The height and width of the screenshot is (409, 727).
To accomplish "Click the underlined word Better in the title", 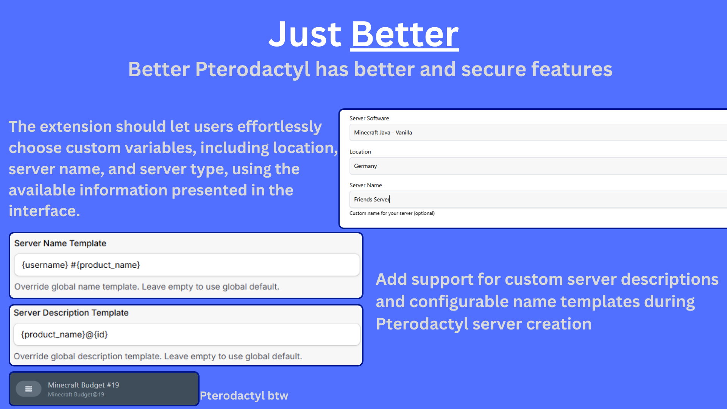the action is (x=405, y=34).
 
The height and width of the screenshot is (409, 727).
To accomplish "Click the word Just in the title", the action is (x=305, y=34).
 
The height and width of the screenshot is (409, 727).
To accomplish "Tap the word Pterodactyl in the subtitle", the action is (x=253, y=70).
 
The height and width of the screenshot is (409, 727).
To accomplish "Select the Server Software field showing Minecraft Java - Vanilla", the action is (x=538, y=133).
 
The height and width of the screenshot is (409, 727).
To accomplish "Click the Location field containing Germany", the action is (x=538, y=166).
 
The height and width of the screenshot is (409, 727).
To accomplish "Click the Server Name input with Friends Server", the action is (x=538, y=199).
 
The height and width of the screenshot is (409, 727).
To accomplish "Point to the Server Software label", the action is (x=369, y=118).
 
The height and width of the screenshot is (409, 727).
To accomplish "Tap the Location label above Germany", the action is (x=360, y=151).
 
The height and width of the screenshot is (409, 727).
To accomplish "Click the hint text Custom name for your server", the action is (x=392, y=213).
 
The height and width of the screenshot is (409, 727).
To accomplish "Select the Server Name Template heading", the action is (x=60, y=243).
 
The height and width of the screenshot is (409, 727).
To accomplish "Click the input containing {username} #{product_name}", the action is (x=187, y=265).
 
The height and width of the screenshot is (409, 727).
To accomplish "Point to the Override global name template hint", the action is (x=147, y=287).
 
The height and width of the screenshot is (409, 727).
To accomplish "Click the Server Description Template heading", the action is (x=71, y=312).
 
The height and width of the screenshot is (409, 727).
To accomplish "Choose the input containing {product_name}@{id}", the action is (x=187, y=334).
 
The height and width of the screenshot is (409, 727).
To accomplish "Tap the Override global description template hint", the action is (x=158, y=356).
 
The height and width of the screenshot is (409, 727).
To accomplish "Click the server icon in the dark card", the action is (x=28, y=389).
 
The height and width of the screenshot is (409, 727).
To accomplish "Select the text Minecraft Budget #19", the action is (x=83, y=385).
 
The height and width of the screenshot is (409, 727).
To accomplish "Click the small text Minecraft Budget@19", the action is (x=76, y=395).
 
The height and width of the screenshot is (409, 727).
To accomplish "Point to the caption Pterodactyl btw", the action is (x=244, y=396).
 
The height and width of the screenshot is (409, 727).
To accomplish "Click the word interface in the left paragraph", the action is (x=44, y=211).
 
